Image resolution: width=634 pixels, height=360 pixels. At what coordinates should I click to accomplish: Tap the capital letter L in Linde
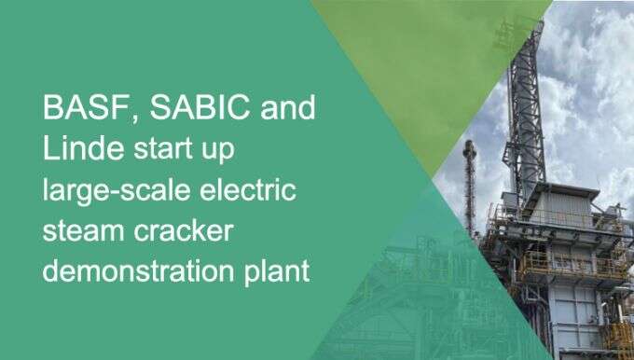(50, 148)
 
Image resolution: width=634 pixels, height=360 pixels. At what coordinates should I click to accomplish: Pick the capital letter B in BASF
(52, 108)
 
